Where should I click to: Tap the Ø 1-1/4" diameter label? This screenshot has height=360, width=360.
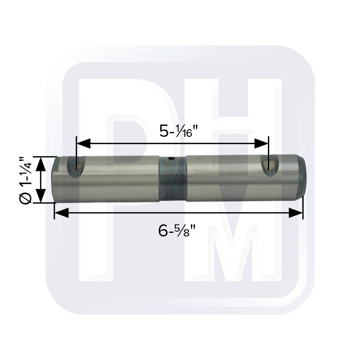[25, 180]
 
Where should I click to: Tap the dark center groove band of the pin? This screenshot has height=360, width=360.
[172, 180]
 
